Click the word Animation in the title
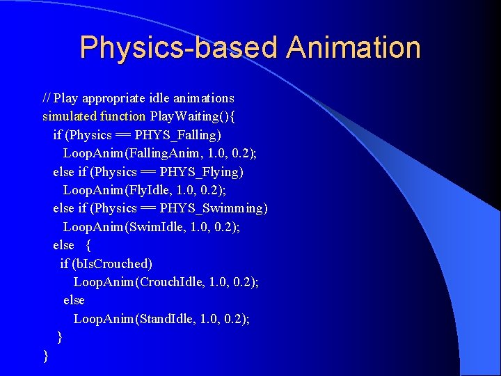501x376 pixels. [353, 48]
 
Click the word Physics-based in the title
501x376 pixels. [178, 48]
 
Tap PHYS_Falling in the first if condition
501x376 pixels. [177, 134]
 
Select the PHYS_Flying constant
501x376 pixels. [201, 171]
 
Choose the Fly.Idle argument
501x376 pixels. [152, 189]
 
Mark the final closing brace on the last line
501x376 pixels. [46, 356]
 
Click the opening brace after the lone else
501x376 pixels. [88, 245]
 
